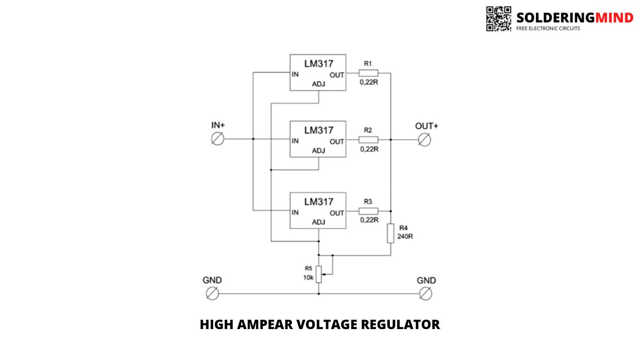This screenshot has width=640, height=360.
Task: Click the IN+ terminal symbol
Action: click(218, 139)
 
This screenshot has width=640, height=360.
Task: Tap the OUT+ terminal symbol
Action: click(424, 140)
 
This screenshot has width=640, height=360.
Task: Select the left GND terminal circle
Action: click(212, 294)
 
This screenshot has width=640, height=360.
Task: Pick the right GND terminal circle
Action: click(425, 294)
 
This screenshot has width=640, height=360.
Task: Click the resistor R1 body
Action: click(368, 73)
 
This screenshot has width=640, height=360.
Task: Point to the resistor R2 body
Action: click(368, 139)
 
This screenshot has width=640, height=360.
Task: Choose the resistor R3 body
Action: click(368, 211)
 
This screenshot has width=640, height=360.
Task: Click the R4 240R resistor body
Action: click(390, 233)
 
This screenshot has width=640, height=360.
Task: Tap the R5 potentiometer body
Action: click(319, 274)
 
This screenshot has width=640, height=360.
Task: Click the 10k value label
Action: click(308, 277)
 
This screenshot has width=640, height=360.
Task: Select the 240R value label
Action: click(405, 237)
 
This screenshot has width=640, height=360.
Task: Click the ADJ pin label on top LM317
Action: click(319, 84)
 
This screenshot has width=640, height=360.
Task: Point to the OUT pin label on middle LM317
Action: click(337, 142)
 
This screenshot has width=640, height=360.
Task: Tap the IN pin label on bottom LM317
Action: click(295, 213)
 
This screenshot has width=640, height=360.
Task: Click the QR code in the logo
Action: click(499, 19)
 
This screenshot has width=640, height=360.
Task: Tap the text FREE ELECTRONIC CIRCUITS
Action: click(548, 29)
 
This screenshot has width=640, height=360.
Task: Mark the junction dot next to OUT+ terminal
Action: click(390, 140)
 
